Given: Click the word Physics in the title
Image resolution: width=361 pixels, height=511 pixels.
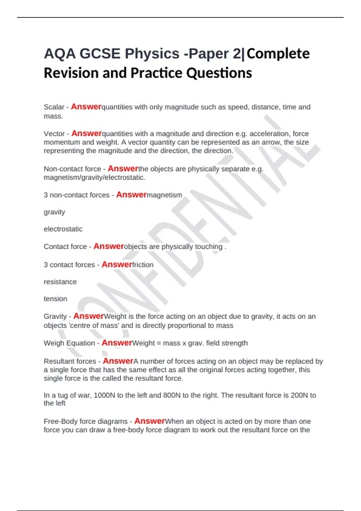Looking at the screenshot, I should [x=152, y=54].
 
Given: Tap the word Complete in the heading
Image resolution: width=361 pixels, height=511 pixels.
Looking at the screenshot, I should [x=278, y=54].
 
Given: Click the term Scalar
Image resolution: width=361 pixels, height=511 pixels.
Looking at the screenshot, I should [x=54, y=107].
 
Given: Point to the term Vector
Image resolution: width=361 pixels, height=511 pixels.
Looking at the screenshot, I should [x=54, y=133].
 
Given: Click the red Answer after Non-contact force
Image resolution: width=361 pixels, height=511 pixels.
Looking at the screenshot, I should [x=123, y=169].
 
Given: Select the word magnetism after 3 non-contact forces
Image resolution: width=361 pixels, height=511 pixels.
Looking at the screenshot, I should [x=165, y=195].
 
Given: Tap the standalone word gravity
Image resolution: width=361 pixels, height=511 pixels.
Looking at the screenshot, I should [x=54, y=212].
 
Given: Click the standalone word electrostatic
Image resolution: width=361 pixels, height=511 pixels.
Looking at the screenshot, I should [x=63, y=229].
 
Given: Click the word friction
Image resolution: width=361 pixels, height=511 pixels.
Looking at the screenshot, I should [x=143, y=265].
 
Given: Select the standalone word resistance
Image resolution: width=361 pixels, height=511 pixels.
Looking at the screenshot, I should [x=60, y=282].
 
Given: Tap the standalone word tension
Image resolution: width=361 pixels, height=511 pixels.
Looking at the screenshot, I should [x=55, y=299].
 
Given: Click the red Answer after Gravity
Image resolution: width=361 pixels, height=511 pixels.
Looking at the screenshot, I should [x=88, y=316].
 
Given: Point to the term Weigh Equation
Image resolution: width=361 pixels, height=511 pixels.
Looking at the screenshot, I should [x=69, y=343].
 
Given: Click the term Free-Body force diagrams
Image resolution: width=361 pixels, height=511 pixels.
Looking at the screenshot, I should [x=86, y=421].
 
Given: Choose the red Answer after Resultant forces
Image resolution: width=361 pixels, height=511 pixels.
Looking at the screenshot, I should [x=118, y=361].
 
